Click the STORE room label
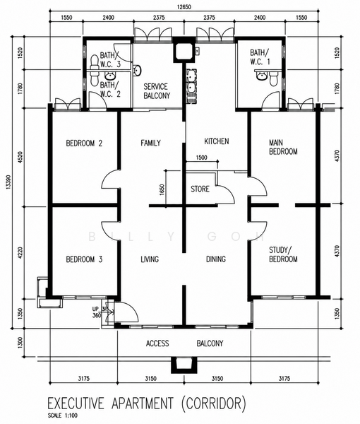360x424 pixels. pyautogui.click(x=200, y=189)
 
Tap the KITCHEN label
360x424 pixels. pyautogui.click(x=216, y=141)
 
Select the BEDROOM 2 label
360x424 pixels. pyautogui.click(x=84, y=143)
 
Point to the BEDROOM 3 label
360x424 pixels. pyautogui.click(x=84, y=259)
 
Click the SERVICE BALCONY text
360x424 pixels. pyautogui.click(x=157, y=91)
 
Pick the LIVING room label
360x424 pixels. pyautogui.click(x=150, y=259)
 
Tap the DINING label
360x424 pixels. pyautogui.click(x=216, y=259)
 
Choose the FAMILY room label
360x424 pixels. pyautogui.click(x=150, y=143)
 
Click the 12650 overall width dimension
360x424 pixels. pyautogui.click(x=184, y=7)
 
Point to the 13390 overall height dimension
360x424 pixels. pyautogui.click(x=8, y=182)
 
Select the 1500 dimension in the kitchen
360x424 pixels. pyautogui.click(x=201, y=158)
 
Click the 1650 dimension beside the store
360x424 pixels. pyautogui.click(x=162, y=190)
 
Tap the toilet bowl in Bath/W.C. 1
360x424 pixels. pyautogui.click(x=274, y=79)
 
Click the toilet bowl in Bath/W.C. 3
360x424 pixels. pyautogui.click(x=95, y=61)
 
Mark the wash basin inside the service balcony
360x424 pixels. pyautogui.click(x=137, y=70)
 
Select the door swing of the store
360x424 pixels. pyautogui.click(x=225, y=194)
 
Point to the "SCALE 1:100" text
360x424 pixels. pyautogui.click(x=62, y=416)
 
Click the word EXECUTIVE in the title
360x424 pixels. pyautogui.click(x=76, y=404)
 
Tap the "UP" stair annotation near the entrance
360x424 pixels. pyautogui.click(x=95, y=309)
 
